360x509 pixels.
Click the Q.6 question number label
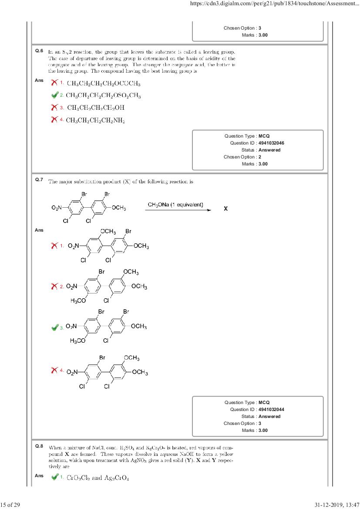tap(39, 51)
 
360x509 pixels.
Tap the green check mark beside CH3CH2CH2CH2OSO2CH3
tap(54, 95)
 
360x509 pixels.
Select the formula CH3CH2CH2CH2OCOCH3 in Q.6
tap(103, 83)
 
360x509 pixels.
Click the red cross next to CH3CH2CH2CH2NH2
tap(54, 119)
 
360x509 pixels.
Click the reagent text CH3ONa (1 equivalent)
tap(175, 205)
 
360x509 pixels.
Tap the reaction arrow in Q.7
tap(179, 210)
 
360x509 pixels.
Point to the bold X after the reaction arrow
tap(225, 209)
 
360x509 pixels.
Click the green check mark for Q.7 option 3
tap(54, 327)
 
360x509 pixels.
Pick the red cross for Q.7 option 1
tap(54, 246)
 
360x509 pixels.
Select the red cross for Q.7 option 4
tap(54, 371)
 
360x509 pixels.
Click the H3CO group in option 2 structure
tap(78, 300)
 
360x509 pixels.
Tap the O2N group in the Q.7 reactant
tap(57, 208)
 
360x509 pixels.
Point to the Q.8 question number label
tap(39, 446)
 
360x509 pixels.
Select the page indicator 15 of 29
tap(8, 505)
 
